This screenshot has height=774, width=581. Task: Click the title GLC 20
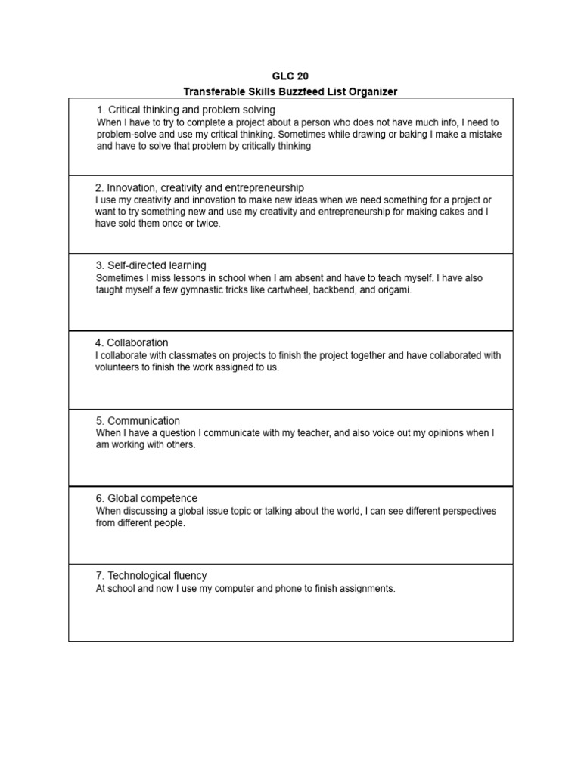point(290,76)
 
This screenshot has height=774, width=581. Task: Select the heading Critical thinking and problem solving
point(186,110)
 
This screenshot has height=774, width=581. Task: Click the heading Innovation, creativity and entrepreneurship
point(200,187)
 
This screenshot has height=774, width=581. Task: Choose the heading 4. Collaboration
point(132,343)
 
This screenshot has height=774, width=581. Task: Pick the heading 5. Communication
point(138,421)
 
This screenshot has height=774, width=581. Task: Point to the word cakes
point(452,212)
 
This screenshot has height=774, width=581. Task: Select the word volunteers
point(119,368)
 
